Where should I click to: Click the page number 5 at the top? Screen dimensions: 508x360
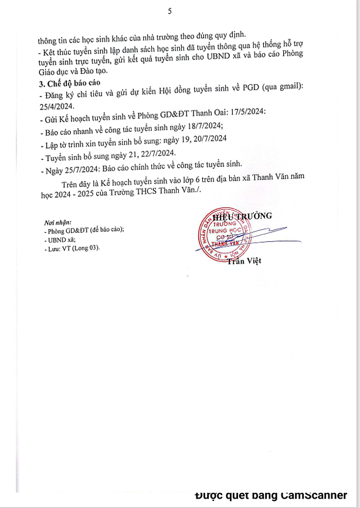[x=170, y=11]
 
